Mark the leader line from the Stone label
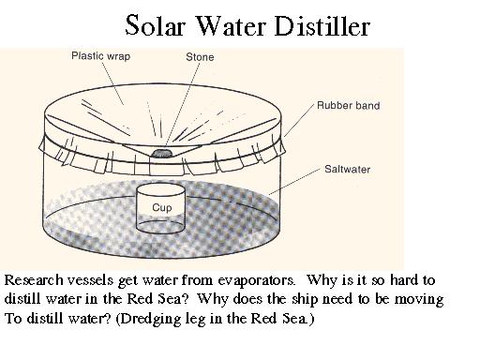coord(184,103)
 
